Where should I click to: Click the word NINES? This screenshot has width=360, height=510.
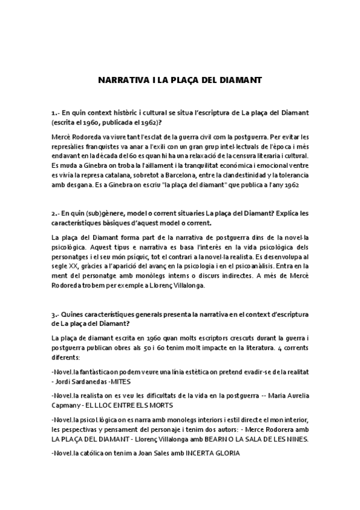click(294, 439)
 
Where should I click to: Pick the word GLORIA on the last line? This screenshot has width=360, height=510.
click(224, 453)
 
